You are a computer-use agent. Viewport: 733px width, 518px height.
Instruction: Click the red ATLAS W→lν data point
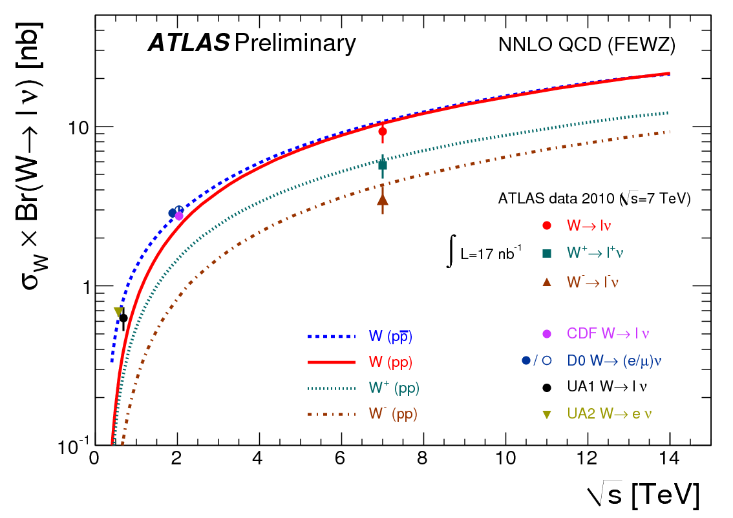click(383, 131)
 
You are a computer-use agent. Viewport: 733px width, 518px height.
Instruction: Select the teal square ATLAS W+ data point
click(383, 165)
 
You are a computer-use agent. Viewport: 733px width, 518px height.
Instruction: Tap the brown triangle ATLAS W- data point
click(383, 200)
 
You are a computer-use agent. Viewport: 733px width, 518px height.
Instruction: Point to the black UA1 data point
click(123, 318)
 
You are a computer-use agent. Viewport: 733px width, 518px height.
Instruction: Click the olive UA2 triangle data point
click(118, 312)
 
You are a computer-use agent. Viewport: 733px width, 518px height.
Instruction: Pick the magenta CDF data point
click(179, 216)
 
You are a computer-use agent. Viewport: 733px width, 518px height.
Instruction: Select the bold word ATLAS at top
click(188, 43)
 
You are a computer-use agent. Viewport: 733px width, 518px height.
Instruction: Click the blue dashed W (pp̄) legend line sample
click(332, 336)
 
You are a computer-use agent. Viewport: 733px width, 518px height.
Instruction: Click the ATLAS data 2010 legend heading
click(594, 199)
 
